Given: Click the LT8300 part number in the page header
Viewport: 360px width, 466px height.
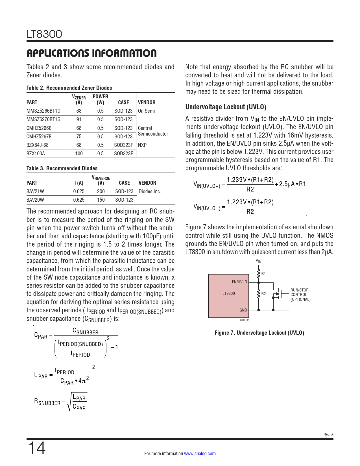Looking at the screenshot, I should coord(44,34).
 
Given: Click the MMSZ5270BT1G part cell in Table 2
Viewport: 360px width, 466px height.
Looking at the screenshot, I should coord(43,119).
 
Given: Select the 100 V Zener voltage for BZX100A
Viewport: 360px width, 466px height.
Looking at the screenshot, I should coord(79,154).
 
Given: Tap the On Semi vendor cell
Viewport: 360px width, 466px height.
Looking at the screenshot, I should coord(146,111).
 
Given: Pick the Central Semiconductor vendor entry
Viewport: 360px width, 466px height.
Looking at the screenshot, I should coord(153,131).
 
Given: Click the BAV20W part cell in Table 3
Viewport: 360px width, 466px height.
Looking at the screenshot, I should coord(35,200).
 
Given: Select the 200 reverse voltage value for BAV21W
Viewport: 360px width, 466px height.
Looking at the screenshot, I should coord(101,191).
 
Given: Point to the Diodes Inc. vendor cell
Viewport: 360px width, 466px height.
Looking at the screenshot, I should coord(150,191).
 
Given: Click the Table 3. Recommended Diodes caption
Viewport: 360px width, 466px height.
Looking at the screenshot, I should coord(62,168).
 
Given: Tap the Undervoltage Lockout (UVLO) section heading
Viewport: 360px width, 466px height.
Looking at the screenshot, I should coord(226,107).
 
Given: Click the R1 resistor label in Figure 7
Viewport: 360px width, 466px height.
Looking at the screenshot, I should coord(263,274).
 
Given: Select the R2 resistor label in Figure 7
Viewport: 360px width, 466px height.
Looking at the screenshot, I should coord(263,294).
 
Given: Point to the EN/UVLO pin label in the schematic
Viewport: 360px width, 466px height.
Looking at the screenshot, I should coord(239,282).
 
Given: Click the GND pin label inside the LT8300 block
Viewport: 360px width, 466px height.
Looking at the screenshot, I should coord(243,310).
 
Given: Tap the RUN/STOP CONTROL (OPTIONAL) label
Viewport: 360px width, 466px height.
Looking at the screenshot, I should coord(300,295).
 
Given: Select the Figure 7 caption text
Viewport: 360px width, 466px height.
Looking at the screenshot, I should coord(259,333).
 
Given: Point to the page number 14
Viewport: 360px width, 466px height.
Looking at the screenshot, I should coord(36,448).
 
